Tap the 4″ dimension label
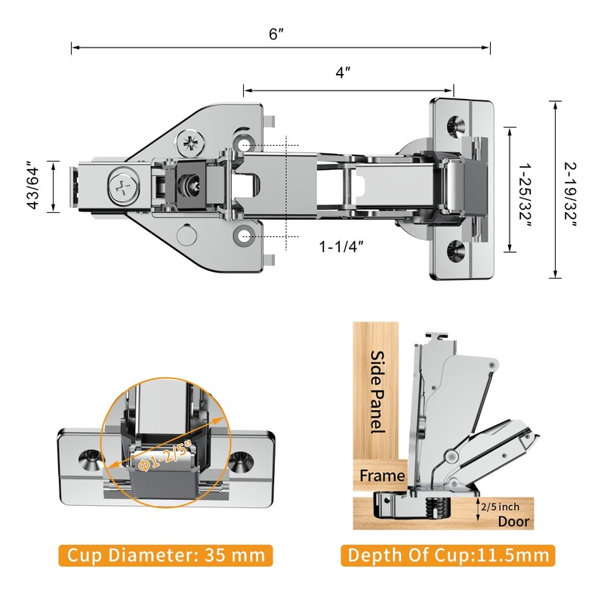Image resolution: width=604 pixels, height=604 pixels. pos(344,73)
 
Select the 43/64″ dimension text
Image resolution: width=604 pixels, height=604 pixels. pos(33,186)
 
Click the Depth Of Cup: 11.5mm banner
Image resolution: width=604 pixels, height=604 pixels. pos(448,556)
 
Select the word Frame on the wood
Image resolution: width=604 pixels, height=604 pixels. pos(382,476)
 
